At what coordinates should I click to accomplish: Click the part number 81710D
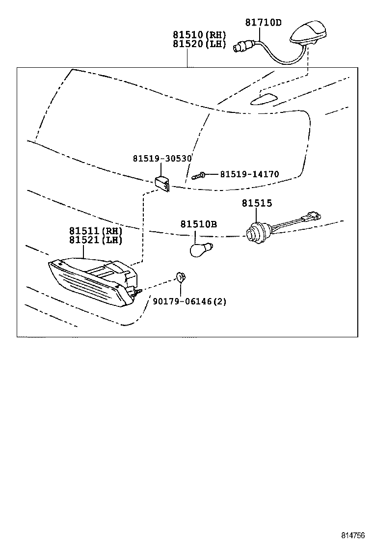(x=263, y=22)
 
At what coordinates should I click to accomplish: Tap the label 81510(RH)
(x=199, y=35)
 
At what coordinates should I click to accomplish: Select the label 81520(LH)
(x=199, y=44)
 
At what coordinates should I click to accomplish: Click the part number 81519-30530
(x=162, y=158)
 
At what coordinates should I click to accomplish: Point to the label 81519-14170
(x=249, y=174)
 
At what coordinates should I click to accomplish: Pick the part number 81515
(x=256, y=203)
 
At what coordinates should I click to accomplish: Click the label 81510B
(x=198, y=224)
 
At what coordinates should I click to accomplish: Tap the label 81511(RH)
(x=95, y=231)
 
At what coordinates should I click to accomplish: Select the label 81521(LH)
(x=95, y=240)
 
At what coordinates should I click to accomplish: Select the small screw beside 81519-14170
(x=199, y=174)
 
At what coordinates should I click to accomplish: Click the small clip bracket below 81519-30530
(x=162, y=183)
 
